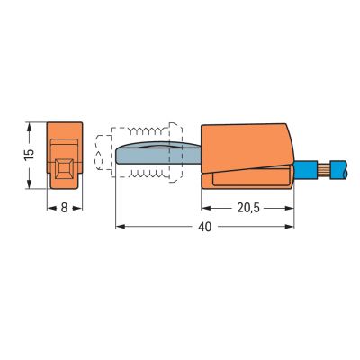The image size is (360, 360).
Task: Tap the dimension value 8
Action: [64, 208]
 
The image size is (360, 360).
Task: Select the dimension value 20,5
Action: [248, 208]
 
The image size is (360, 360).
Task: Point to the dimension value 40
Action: [205, 227]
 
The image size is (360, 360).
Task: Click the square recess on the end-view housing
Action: [64, 168]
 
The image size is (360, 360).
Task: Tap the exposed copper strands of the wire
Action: [324, 170]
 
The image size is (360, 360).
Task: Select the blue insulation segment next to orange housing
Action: [305, 170]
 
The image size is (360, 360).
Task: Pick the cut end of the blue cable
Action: [346, 170]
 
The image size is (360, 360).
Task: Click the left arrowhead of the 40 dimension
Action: [120, 227]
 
